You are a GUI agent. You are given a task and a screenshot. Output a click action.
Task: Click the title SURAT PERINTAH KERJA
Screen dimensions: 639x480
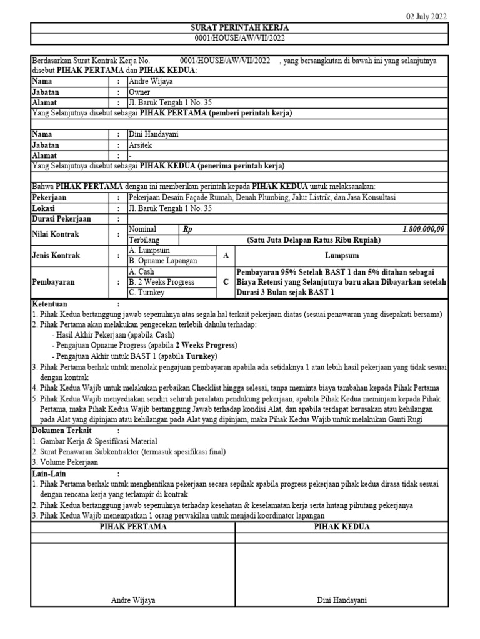tap(240, 28)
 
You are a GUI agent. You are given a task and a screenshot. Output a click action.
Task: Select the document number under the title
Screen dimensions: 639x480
tap(240, 38)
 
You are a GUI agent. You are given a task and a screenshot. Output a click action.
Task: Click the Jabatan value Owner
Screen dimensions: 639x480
tap(139, 92)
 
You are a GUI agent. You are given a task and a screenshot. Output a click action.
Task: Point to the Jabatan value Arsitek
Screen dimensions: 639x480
tap(140, 145)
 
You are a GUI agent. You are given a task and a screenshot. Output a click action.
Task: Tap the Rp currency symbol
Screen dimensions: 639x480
tap(187, 229)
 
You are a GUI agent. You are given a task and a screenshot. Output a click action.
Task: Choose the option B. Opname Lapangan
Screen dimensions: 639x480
tap(162, 261)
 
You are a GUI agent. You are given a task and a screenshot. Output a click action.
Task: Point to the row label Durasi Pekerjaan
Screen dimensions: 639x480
tap(61, 219)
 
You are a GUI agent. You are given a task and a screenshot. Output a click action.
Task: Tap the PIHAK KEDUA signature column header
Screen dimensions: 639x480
tap(342, 527)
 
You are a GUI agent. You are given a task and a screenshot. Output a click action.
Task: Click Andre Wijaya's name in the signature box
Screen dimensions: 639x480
tap(133, 600)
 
